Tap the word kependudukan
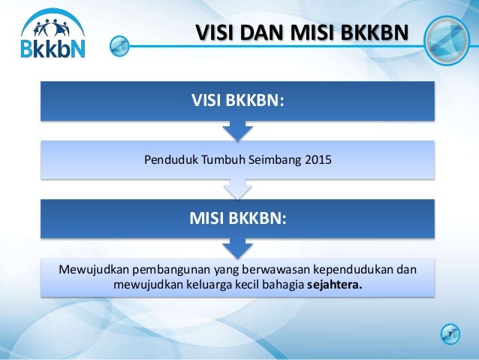pos(348,270)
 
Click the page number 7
pos(449,333)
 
